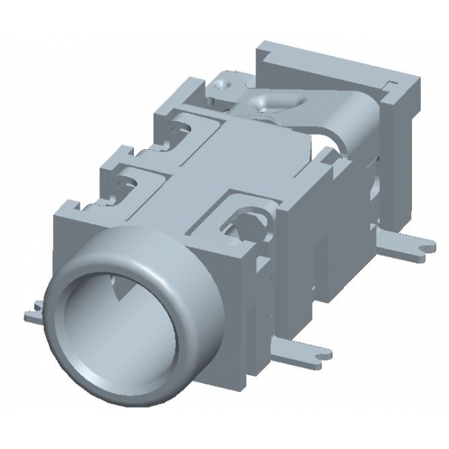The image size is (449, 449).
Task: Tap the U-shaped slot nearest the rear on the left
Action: pyautogui.click(x=177, y=128)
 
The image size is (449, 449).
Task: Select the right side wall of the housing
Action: pyautogui.click(x=319, y=239)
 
